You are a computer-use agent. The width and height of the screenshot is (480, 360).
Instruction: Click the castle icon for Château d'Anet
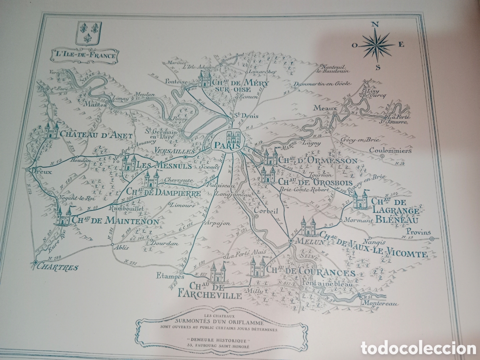pos(51,130)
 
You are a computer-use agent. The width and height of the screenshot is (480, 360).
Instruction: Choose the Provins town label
pos(418,232)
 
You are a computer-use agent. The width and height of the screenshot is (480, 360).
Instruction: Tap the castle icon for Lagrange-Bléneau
pos(360,200)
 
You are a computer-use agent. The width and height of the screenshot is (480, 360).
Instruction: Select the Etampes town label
pos(170,276)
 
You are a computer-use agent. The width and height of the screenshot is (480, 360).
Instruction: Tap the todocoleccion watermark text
pos(418,348)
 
